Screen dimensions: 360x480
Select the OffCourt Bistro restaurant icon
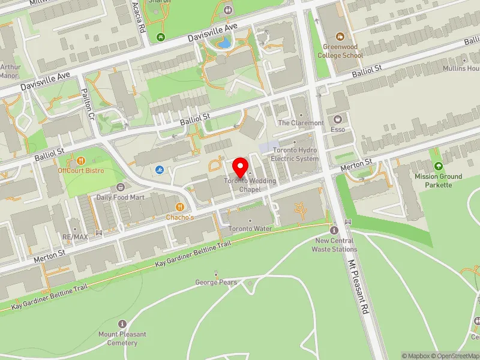pyautogui.click(x=81, y=161)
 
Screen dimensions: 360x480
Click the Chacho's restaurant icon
pyautogui.click(x=179, y=207)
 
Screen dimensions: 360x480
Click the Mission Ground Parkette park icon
pyautogui.click(x=438, y=166)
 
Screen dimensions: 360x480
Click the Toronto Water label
pyautogui.click(x=250, y=229)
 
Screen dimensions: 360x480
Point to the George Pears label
pyautogui.click(x=216, y=282)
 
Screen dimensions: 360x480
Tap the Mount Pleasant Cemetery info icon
pyautogui.click(x=123, y=324)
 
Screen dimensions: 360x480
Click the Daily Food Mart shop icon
pyautogui.click(x=121, y=187)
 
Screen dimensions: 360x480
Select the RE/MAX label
pyautogui.click(x=76, y=237)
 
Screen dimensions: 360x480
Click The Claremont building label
pyautogui.click(x=301, y=123)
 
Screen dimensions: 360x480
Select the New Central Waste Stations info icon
pyautogui.click(x=334, y=230)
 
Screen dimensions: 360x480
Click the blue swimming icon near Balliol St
pyautogui.click(x=159, y=170)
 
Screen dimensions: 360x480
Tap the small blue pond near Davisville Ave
pyautogui.click(x=223, y=43)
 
